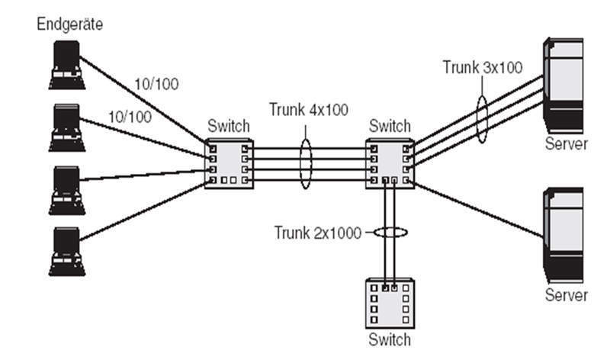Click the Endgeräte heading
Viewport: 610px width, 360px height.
click(70, 25)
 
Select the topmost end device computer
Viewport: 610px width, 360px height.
click(67, 65)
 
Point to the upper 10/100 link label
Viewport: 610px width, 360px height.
click(156, 84)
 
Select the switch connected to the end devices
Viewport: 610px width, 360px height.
click(229, 164)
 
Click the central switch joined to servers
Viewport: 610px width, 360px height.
click(389, 164)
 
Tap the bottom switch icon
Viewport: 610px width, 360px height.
click(389, 304)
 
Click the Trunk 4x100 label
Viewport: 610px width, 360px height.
click(308, 110)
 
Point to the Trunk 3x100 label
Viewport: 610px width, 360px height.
click(482, 67)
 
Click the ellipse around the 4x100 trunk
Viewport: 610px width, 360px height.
click(305, 163)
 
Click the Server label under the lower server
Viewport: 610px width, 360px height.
click(567, 294)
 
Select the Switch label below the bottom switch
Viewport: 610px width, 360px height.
click(389, 339)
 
